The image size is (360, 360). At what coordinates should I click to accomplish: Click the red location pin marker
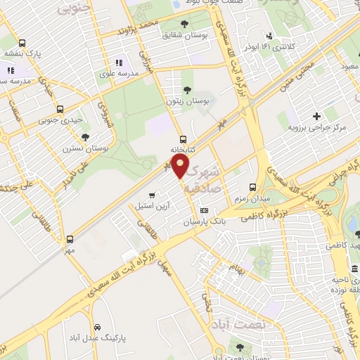pyautogui.click(x=181, y=167)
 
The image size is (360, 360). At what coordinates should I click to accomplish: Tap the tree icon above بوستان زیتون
pyautogui.click(x=187, y=89)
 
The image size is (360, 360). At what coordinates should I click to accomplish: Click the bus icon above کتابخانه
pyautogui.click(x=183, y=139)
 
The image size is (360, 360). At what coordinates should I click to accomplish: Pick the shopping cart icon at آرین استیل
pyautogui.click(x=152, y=195)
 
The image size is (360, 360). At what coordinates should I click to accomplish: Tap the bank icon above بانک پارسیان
pyautogui.click(x=205, y=210)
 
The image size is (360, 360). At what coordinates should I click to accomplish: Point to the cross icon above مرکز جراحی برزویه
pyautogui.click(x=316, y=116)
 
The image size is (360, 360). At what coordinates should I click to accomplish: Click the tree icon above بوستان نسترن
pyautogui.click(x=85, y=137)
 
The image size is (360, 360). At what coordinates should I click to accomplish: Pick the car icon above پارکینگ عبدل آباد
pyautogui.click(x=96, y=327)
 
